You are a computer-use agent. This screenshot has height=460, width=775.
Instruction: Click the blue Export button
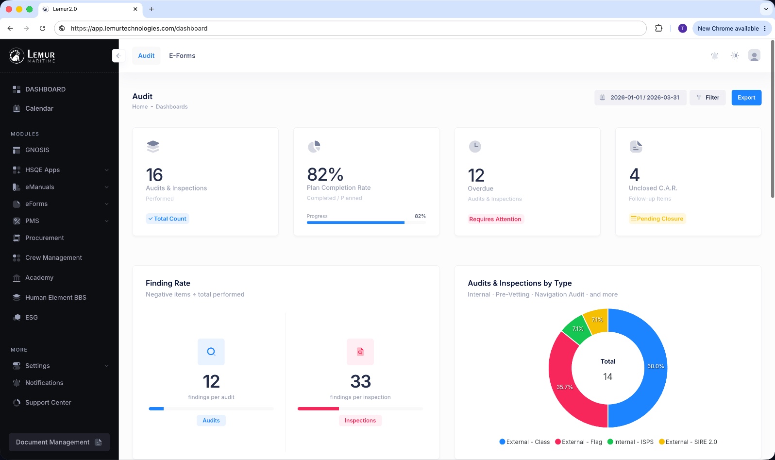point(746,98)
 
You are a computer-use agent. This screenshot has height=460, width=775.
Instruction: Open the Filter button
point(708,98)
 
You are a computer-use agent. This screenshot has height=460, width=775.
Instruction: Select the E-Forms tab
point(182,56)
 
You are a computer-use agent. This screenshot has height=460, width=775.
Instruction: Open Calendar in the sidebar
point(39,108)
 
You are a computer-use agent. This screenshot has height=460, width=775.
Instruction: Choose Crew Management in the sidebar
point(53,257)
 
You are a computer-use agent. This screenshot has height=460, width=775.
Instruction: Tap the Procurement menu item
point(45,238)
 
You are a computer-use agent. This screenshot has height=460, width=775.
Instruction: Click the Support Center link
point(48,403)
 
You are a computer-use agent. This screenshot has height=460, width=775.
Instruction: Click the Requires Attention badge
point(495,219)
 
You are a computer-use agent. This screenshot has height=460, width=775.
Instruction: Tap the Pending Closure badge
point(657,219)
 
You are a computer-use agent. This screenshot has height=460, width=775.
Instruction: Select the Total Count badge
point(168,219)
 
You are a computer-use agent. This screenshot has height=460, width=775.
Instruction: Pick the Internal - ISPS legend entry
point(630,442)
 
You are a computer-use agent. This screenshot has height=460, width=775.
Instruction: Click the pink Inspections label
point(360,421)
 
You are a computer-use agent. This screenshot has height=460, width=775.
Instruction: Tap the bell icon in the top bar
point(715,56)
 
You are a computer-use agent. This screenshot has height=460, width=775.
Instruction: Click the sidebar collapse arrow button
point(118,56)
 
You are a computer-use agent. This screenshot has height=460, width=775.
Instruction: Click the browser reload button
point(43,28)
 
